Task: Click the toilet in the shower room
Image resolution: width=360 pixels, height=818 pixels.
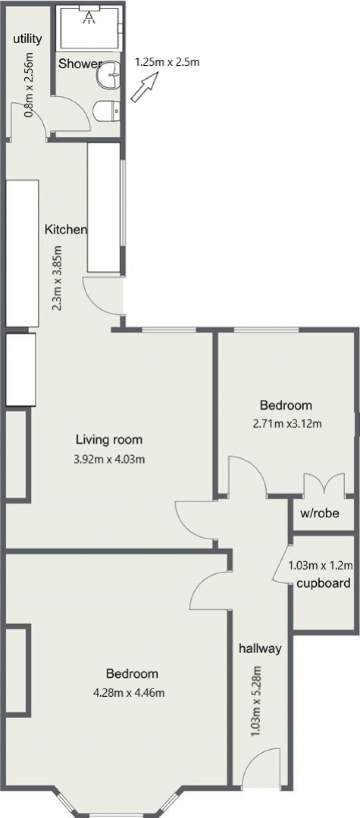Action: [106, 110]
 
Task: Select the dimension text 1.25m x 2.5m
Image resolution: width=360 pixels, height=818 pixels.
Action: [167, 62]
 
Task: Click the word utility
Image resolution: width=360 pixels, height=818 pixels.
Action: [27, 39]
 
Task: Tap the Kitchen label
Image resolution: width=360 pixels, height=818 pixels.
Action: [65, 229]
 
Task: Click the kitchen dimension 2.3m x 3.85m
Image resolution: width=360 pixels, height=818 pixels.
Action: [57, 278]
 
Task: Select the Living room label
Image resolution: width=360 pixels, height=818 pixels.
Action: [109, 439]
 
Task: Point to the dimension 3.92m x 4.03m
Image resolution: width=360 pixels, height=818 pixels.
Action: [109, 459]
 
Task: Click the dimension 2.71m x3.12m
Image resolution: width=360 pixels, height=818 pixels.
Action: [287, 423]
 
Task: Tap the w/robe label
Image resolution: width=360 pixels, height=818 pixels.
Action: [319, 513]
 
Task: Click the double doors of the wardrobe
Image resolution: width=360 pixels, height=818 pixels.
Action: [324, 485]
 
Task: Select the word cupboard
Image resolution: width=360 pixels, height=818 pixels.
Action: [323, 583]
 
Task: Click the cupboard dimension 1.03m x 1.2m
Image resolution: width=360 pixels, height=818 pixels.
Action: [320, 565]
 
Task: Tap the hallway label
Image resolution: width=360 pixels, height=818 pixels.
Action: [260, 648]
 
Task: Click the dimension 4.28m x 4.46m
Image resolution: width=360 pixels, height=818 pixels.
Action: [128, 692]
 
